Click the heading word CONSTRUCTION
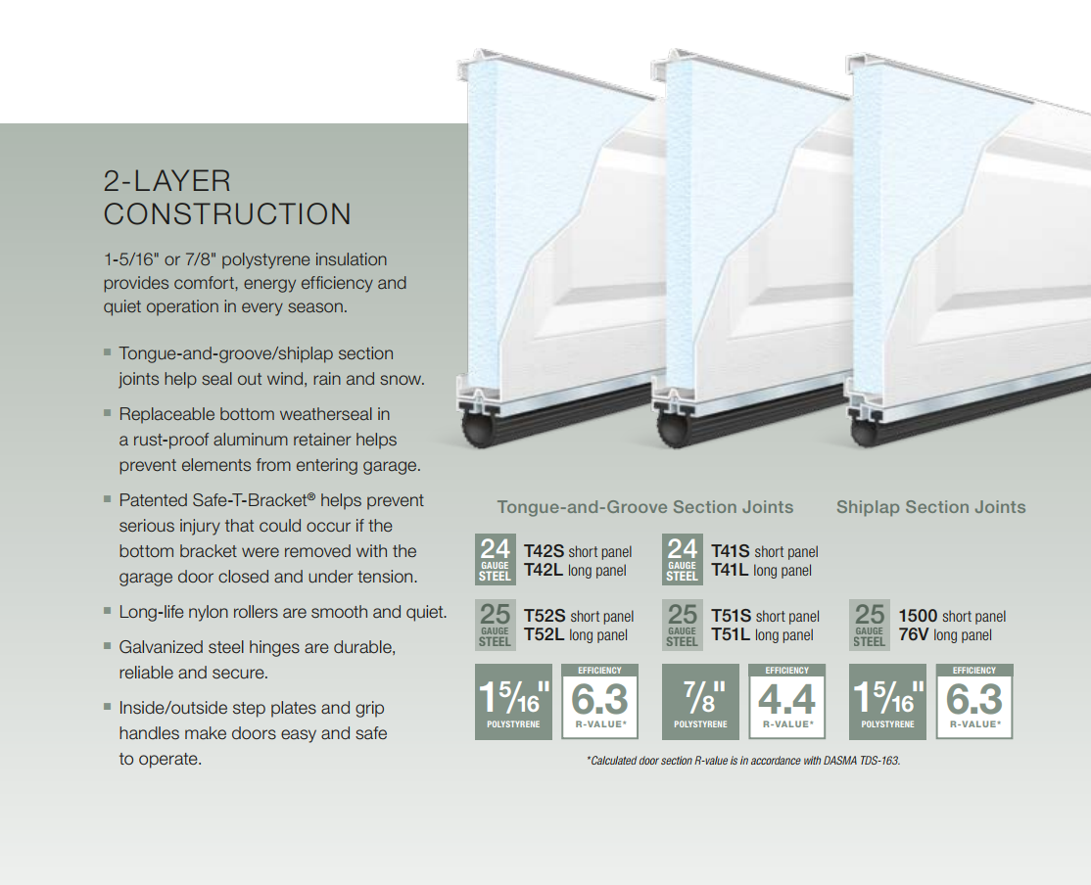(227, 214)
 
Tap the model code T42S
(544, 552)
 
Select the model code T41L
(730, 571)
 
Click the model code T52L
(545, 635)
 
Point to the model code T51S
(732, 617)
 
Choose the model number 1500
(918, 617)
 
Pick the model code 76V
(914, 635)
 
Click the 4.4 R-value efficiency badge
(787, 701)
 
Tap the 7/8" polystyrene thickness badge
(700, 701)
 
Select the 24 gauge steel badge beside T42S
(495, 559)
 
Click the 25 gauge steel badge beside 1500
(869, 625)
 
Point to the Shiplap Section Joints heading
(931, 507)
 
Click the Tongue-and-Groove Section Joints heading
(645, 507)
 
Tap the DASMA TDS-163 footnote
(743, 761)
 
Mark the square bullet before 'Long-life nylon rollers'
(107, 611)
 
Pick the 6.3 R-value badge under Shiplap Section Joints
(974, 701)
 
